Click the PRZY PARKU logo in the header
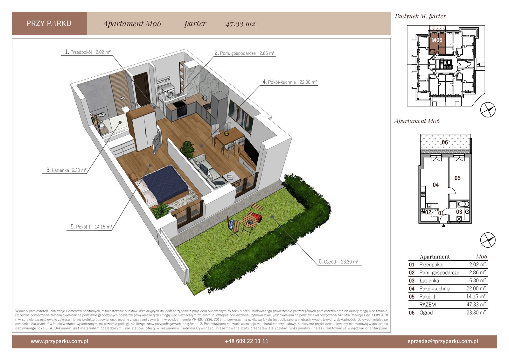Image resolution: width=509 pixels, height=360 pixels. coord(49,24)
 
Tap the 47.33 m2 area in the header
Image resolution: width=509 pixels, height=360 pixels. coord(241,24)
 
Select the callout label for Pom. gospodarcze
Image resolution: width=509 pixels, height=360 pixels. coord(244,53)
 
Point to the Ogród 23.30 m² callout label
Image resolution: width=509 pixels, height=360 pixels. coord(338,262)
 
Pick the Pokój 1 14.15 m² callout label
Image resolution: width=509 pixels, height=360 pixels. coord(91,227)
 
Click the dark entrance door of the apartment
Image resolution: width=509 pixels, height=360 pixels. coord(141,89)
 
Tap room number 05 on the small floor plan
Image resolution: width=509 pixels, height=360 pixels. coord(457,178)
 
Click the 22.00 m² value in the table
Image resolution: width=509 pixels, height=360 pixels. coord(476,288)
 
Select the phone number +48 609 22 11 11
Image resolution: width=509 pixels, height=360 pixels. coord(246,341)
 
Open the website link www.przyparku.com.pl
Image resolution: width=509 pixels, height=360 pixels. coord(59,341)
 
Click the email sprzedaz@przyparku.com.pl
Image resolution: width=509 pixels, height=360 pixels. coord(443,341)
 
